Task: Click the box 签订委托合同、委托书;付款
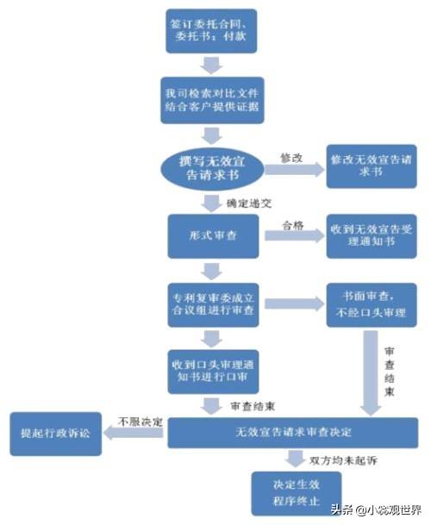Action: click(x=211, y=32)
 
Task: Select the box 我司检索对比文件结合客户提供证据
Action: click(x=211, y=101)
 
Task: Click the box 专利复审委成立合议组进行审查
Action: click(x=211, y=303)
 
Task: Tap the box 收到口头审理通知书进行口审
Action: click(x=211, y=371)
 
